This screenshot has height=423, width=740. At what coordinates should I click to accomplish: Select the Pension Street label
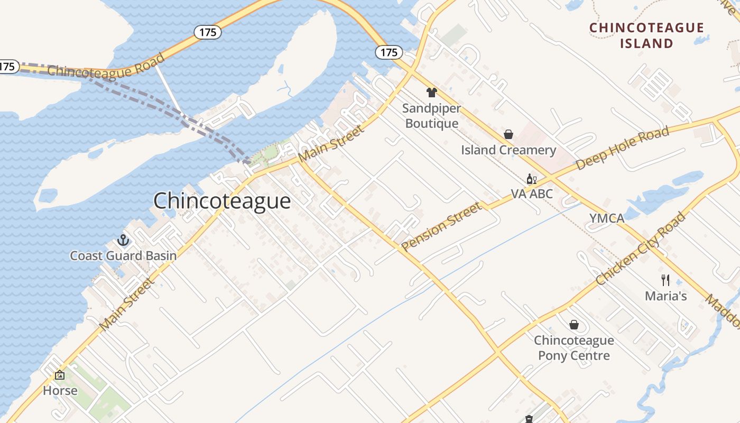tap(442, 226)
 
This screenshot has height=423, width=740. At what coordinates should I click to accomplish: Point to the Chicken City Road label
tap(641, 249)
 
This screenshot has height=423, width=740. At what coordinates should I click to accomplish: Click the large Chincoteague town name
tap(222, 201)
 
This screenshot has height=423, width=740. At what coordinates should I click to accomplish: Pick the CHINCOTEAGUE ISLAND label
tap(646, 35)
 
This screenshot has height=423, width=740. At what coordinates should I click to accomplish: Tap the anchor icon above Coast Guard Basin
tap(123, 241)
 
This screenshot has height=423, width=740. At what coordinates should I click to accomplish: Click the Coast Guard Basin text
tap(123, 256)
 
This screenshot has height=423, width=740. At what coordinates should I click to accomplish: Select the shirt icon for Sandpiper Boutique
tap(432, 93)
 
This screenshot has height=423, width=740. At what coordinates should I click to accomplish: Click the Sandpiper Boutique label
tap(431, 116)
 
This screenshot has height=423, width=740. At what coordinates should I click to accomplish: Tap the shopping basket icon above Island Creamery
tap(508, 134)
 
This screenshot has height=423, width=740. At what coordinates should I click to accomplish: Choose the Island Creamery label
tap(508, 150)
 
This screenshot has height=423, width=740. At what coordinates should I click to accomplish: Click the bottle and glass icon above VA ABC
tap(532, 179)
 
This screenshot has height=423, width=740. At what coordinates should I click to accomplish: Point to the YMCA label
tap(607, 218)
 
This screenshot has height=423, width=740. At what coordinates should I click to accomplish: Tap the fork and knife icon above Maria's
tap(665, 280)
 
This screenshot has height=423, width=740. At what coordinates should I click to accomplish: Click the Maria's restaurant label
tap(665, 296)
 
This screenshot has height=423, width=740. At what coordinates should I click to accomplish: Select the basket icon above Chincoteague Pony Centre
tap(574, 325)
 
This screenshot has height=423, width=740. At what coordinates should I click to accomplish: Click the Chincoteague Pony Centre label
tap(574, 348)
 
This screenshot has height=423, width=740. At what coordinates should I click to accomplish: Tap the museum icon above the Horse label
tap(60, 375)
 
